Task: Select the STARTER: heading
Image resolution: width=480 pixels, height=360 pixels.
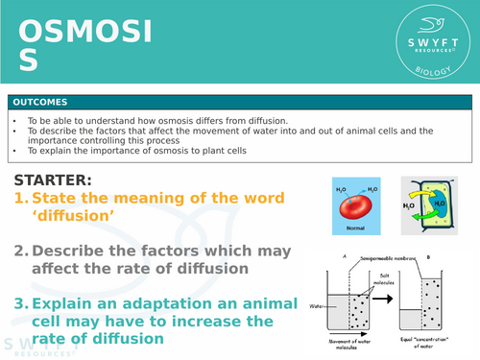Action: [x=55, y=180]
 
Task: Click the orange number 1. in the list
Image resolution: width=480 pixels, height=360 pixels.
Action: [x=20, y=198]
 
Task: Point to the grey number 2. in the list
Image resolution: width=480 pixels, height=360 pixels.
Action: [x=20, y=252]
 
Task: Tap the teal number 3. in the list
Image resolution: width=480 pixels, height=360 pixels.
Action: [x=20, y=304]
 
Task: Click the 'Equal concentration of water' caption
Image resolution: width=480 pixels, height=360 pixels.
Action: [x=433, y=343]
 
